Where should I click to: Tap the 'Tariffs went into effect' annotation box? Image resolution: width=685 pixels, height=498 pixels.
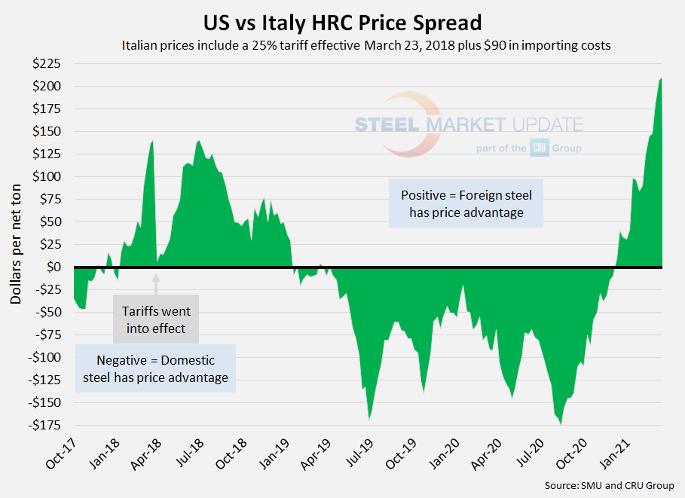click(x=157, y=318)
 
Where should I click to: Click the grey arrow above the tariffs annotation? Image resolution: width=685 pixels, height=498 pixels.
click(x=157, y=283)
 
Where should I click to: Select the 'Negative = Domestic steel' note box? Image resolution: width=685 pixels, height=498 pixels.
click(x=155, y=368)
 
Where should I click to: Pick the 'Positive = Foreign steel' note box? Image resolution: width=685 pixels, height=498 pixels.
click(x=466, y=204)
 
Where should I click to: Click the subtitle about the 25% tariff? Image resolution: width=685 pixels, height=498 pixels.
click(x=365, y=45)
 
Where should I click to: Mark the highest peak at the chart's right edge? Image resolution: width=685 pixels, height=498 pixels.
click(x=661, y=78)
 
